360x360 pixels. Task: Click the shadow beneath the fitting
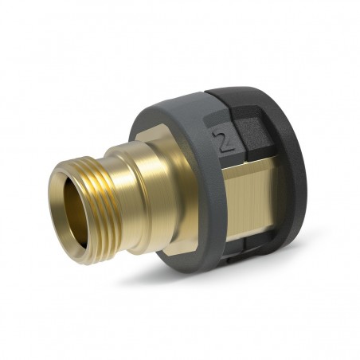[199, 279]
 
